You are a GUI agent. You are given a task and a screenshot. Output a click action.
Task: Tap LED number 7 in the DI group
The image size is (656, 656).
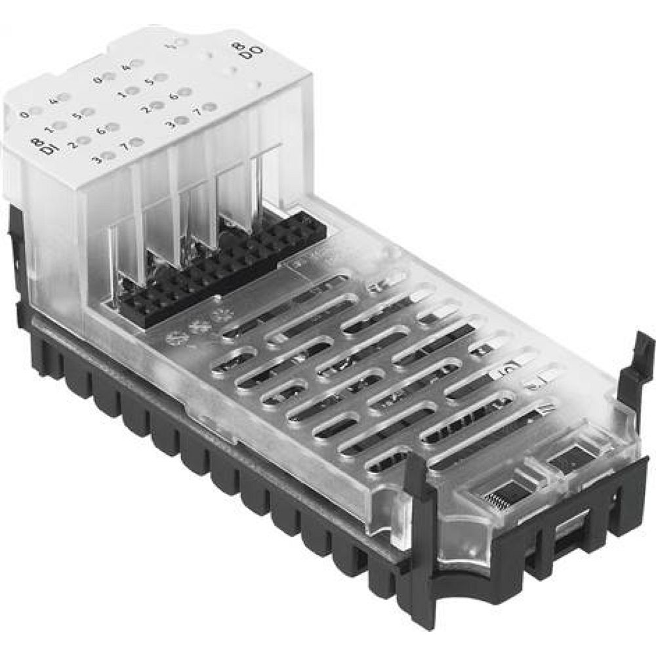[x=137, y=142]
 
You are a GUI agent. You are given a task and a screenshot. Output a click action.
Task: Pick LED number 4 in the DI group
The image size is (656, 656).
[x=67, y=98]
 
